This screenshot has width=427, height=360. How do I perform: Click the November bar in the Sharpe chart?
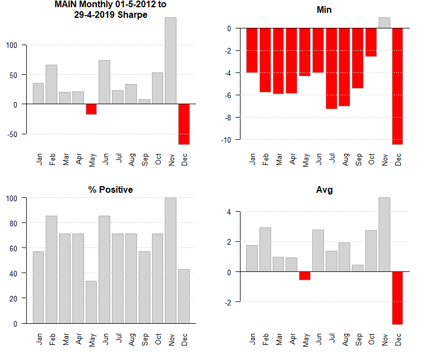coord(171,60)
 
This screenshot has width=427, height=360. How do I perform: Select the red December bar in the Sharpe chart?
coord(184,124)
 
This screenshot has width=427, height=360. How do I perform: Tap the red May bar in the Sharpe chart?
coord(91,109)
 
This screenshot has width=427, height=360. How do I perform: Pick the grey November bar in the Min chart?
coord(384,23)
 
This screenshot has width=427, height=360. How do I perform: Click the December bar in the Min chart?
coord(397,86)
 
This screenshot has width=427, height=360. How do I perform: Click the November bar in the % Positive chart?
coord(171,260)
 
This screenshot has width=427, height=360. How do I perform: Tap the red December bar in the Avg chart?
coord(397,298)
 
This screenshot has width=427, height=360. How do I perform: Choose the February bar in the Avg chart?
coord(265,249)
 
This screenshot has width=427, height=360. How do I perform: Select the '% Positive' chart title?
coord(110,189)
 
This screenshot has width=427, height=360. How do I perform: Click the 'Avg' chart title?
coord(324,189)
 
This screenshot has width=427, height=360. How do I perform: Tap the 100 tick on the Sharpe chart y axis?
coord(18,45)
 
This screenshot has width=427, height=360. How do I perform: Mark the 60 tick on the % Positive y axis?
coord(18,248)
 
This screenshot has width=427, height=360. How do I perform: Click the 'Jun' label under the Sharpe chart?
coord(104,158)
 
